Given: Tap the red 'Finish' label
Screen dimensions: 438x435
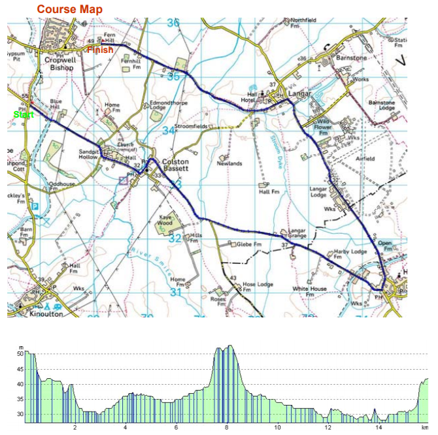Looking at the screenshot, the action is tap(100, 50).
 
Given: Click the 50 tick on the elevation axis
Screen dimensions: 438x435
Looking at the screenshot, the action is tap(20, 354).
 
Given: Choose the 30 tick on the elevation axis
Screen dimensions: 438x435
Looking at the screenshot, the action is tap(20, 414).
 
